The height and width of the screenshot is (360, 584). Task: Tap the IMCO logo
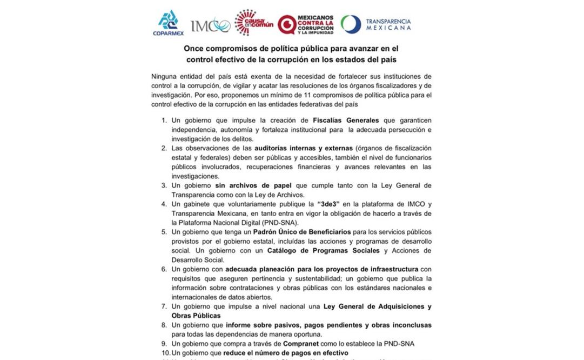click(210, 25)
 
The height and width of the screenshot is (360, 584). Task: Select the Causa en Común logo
click(252, 23)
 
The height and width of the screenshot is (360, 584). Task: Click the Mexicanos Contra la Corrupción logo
click(305, 24)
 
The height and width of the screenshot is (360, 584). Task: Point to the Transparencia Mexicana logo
click(376, 24)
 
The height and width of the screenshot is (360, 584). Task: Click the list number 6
click(164, 269)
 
